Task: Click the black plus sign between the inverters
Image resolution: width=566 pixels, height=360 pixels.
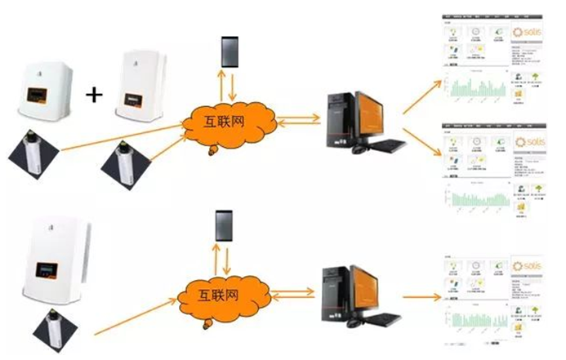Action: (x=96, y=95)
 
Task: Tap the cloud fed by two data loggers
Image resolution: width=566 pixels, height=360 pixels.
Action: (x=230, y=123)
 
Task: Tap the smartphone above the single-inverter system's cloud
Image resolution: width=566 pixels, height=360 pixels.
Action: (x=223, y=224)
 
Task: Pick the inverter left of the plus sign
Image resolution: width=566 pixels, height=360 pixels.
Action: (x=45, y=87)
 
